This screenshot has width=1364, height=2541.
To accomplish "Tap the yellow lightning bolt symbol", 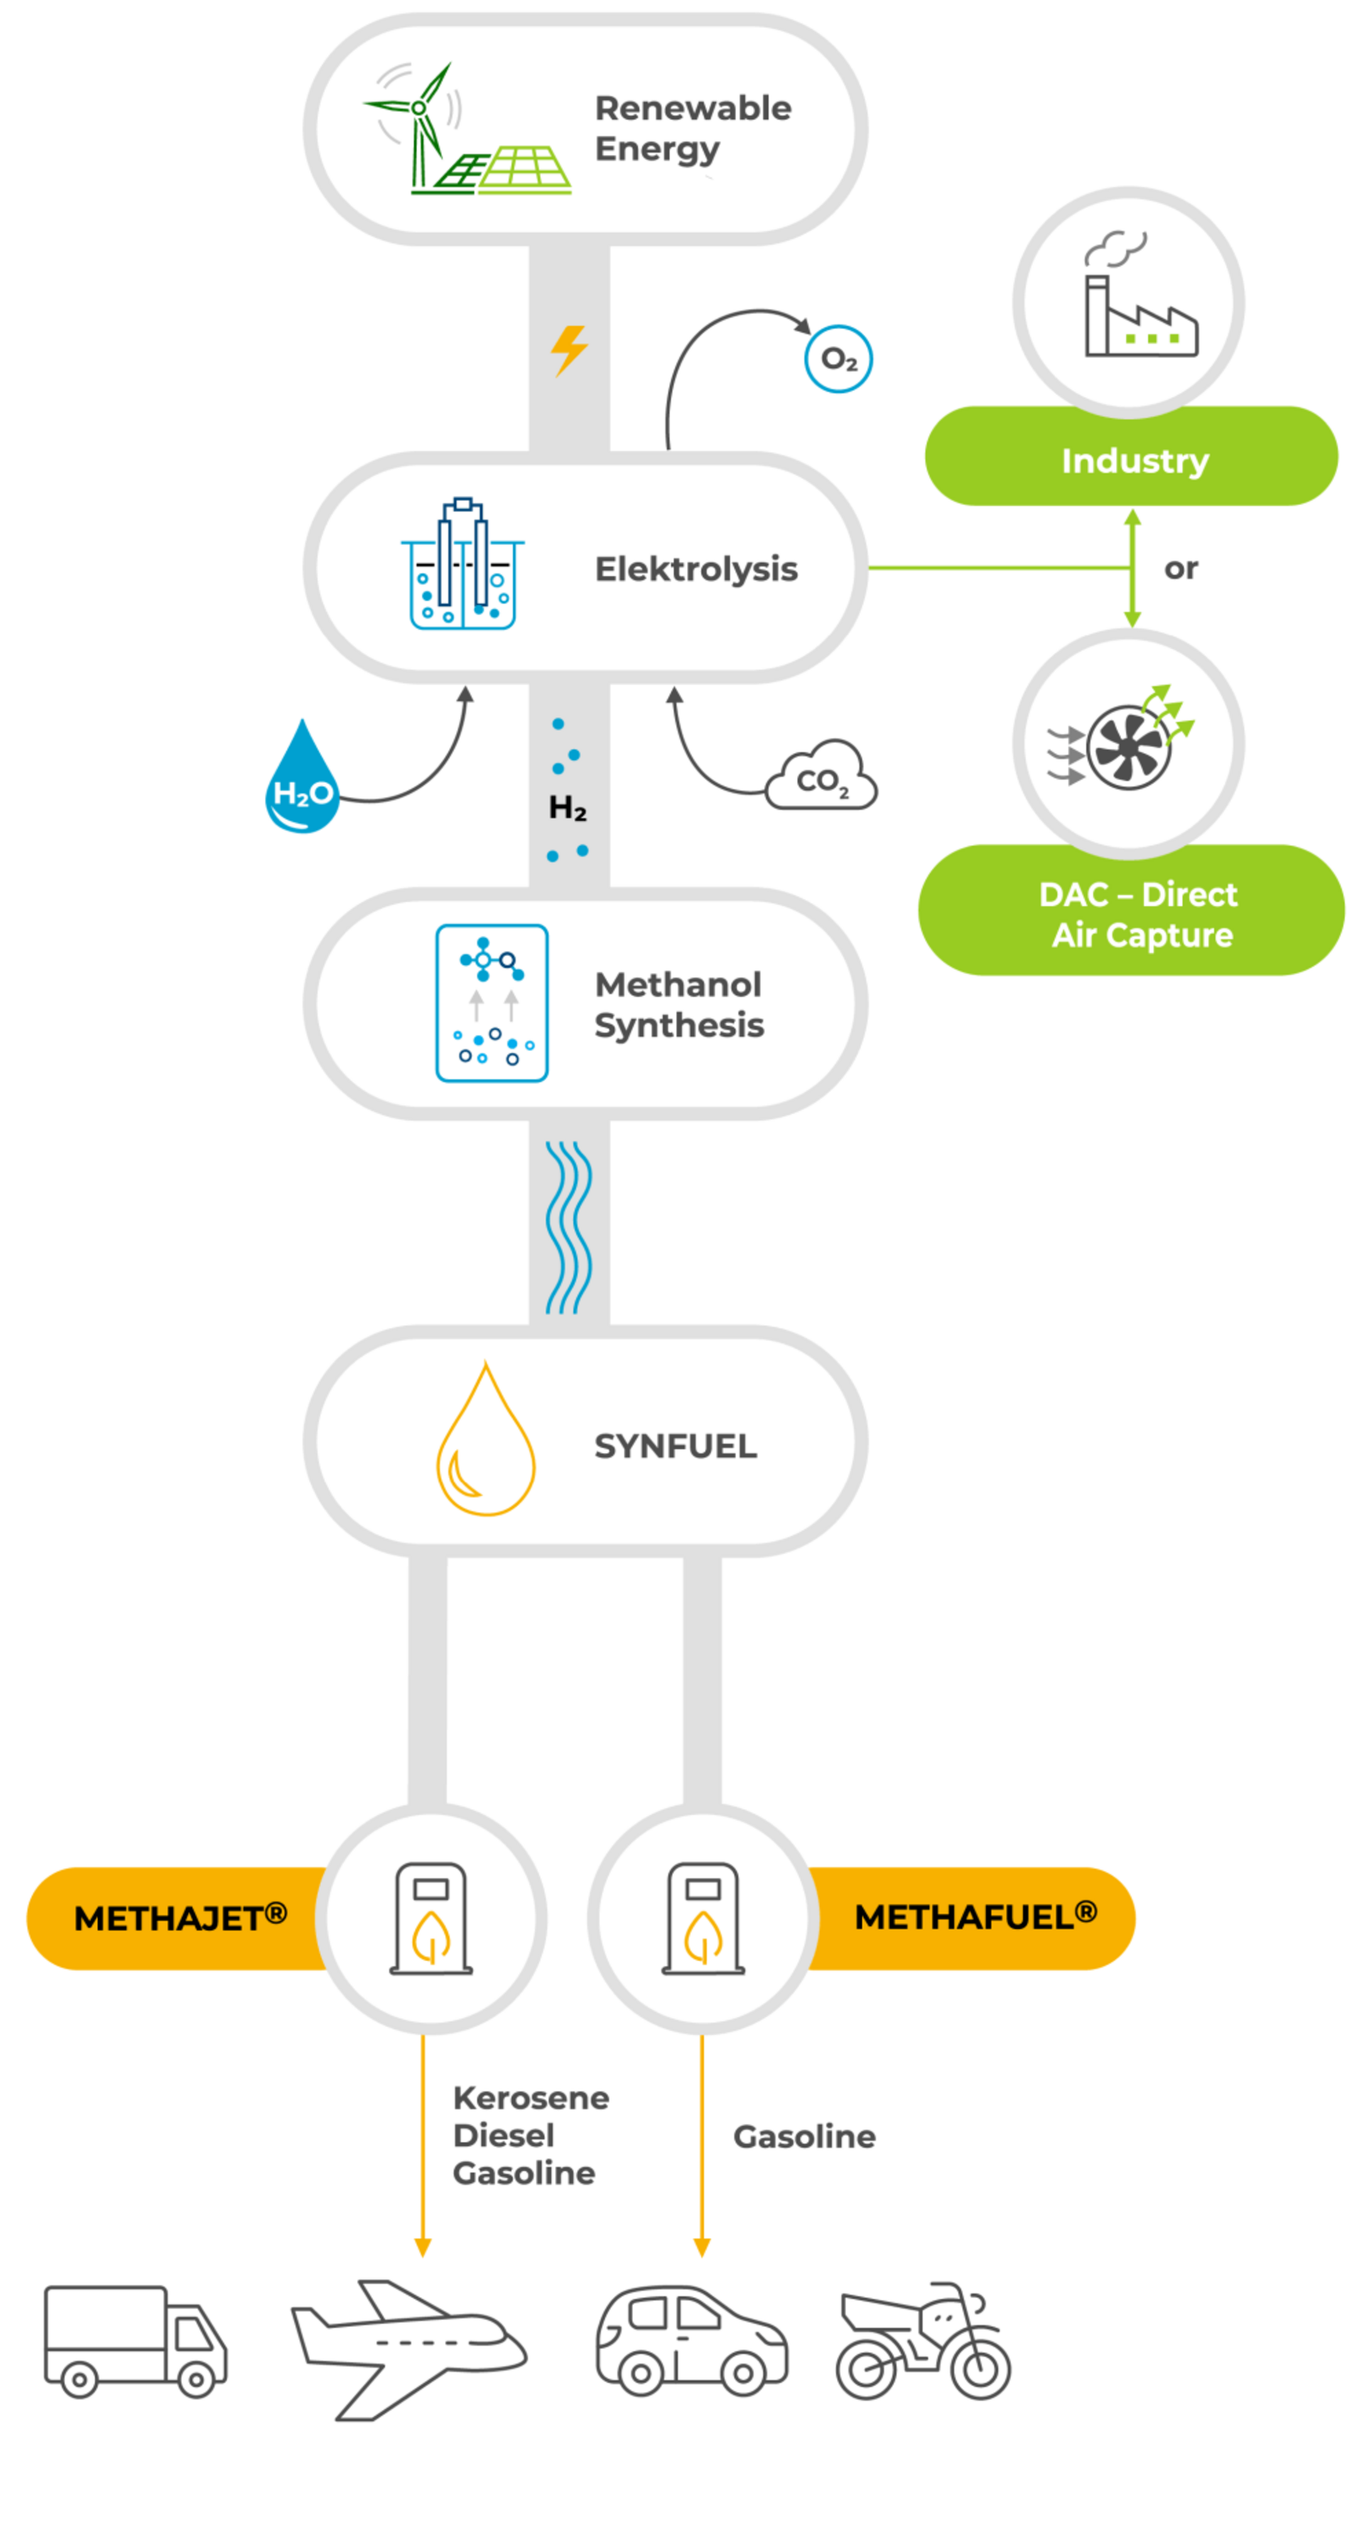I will coord(569,350).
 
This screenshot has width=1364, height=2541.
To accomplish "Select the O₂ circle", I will coord(838,359).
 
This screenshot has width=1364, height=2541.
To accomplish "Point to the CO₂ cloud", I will coord(821,779).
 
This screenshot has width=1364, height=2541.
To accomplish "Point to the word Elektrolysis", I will coord(695,569).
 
